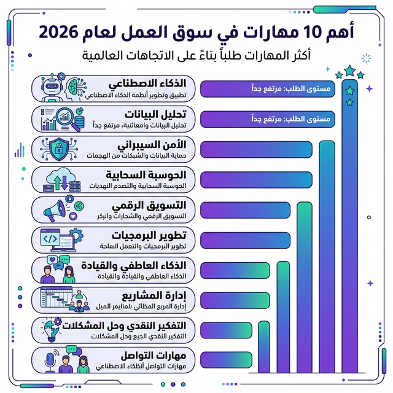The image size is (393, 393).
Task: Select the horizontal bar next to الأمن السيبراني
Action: coord(257,149)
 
